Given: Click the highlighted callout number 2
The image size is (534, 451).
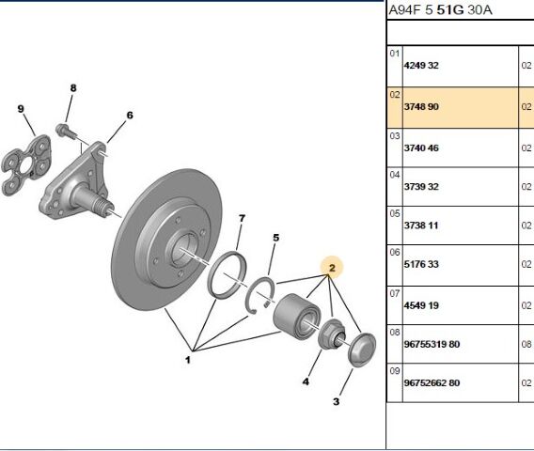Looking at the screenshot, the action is click(332, 268).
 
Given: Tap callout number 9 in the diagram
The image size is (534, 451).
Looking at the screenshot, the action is click(21, 109).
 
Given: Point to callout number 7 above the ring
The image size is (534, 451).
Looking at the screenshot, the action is click(242, 218).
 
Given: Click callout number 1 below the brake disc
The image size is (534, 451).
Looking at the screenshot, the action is click(188, 360).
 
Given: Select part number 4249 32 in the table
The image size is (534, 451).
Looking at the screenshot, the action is click(421, 66).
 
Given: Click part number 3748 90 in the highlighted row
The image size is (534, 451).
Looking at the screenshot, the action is click(421, 106).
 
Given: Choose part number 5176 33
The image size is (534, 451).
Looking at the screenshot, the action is click(421, 264).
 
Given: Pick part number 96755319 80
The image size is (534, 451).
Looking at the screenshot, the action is click(432, 344).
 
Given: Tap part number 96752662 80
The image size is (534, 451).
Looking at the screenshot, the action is click(432, 383).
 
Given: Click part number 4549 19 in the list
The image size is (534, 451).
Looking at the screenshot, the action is click(421, 305).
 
